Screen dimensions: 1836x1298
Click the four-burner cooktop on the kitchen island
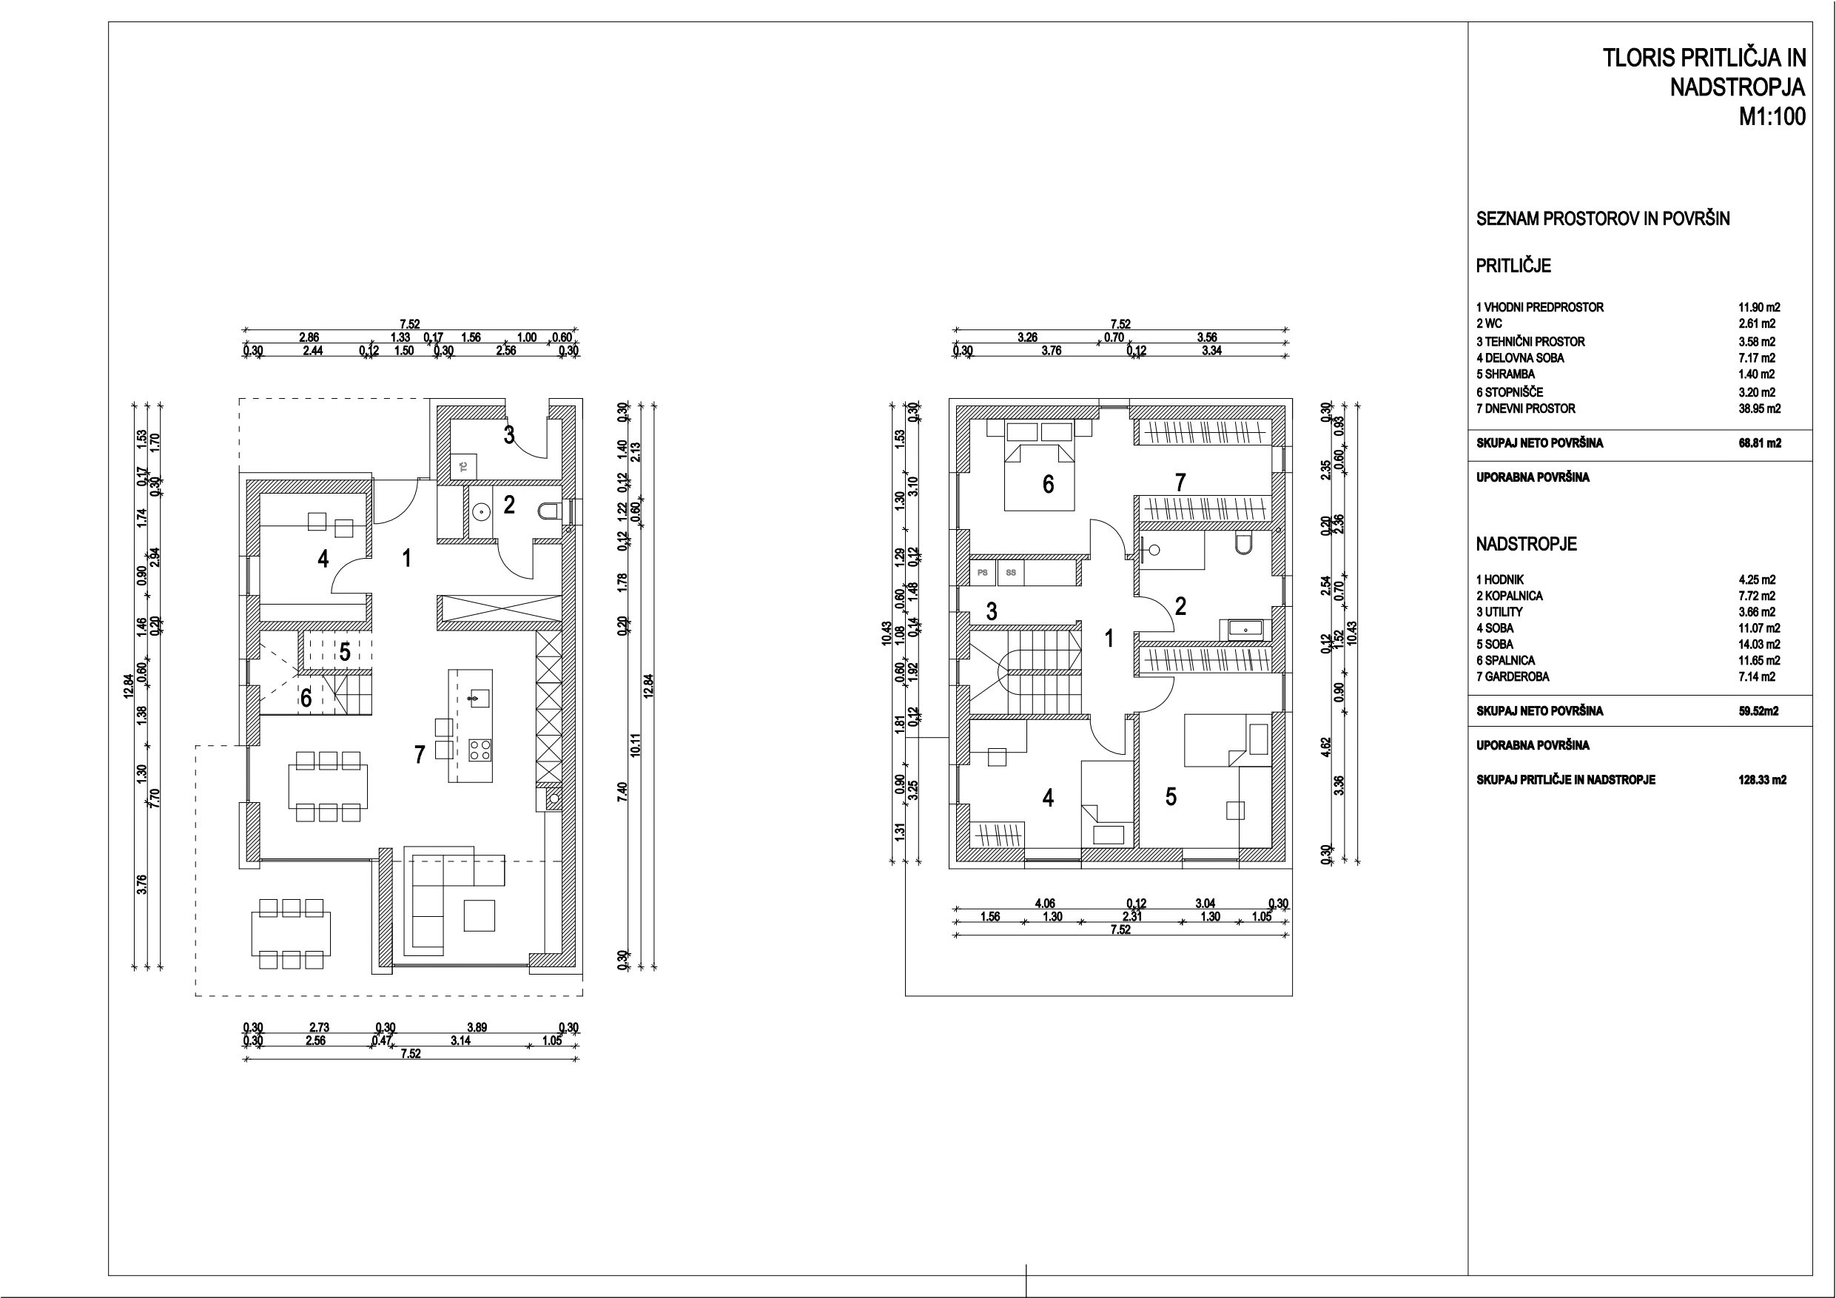pos(480,750)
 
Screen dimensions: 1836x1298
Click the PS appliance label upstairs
pos(983,573)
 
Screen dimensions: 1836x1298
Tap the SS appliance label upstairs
pos(1011,573)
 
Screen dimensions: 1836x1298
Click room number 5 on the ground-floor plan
pos(345,652)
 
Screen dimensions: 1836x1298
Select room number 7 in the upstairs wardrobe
pos(1180,482)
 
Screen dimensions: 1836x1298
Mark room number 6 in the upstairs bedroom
pos(1049,484)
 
